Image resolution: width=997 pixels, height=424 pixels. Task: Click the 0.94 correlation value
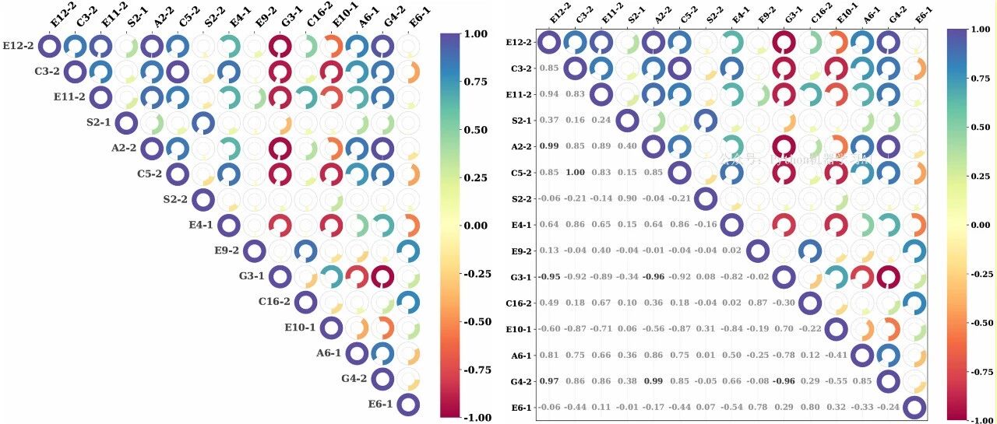pos(549,93)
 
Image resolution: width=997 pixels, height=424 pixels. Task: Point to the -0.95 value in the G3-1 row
pos(548,277)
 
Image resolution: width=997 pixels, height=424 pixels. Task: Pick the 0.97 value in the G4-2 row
pos(549,381)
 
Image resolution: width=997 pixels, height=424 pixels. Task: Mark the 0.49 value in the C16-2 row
pos(549,303)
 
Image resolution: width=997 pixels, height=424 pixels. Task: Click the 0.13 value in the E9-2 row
pos(549,251)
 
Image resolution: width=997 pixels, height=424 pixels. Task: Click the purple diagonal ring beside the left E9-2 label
pos(254,251)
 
